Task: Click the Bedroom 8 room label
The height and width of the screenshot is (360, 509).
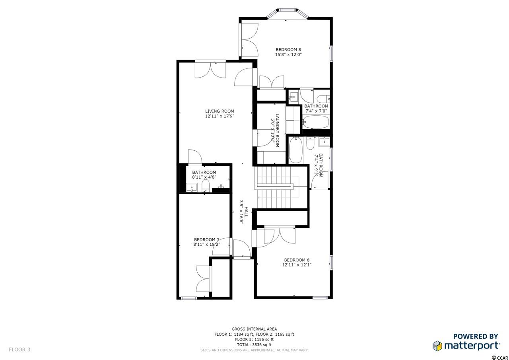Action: tap(288, 50)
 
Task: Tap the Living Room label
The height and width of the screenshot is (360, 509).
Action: tap(220, 111)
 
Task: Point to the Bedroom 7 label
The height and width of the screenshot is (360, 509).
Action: tap(206, 239)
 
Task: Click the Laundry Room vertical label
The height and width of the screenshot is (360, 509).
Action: tap(277, 130)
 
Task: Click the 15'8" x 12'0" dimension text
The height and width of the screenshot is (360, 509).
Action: tap(288, 54)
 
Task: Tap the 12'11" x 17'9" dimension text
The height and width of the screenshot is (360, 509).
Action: tap(220, 116)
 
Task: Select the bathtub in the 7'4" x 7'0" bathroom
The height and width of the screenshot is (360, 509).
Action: tap(316, 122)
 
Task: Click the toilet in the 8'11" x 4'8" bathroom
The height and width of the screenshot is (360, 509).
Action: tap(206, 185)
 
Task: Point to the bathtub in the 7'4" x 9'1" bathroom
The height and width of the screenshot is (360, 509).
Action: tap(296, 150)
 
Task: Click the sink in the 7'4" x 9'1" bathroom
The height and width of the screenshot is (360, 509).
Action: tap(324, 142)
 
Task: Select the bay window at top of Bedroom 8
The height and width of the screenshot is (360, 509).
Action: tap(288, 14)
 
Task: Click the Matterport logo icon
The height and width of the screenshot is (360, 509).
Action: tap(437, 346)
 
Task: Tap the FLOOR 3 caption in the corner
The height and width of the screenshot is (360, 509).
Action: tap(19, 350)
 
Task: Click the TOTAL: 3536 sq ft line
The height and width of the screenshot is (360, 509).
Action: tap(254, 344)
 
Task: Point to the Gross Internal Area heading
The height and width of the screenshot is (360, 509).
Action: tap(254, 329)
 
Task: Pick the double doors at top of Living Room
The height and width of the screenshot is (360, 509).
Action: tap(210, 70)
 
